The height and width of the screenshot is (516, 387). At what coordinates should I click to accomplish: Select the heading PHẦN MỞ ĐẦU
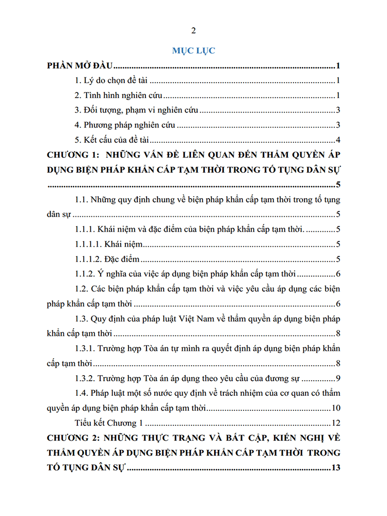tap(80, 66)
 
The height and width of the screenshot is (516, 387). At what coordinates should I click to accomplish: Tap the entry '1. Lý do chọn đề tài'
tap(111, 81)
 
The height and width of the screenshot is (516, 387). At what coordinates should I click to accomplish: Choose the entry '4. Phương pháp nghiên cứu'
tap(124, 125)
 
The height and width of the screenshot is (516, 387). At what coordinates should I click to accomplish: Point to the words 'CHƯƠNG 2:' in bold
tap(71, 439)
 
